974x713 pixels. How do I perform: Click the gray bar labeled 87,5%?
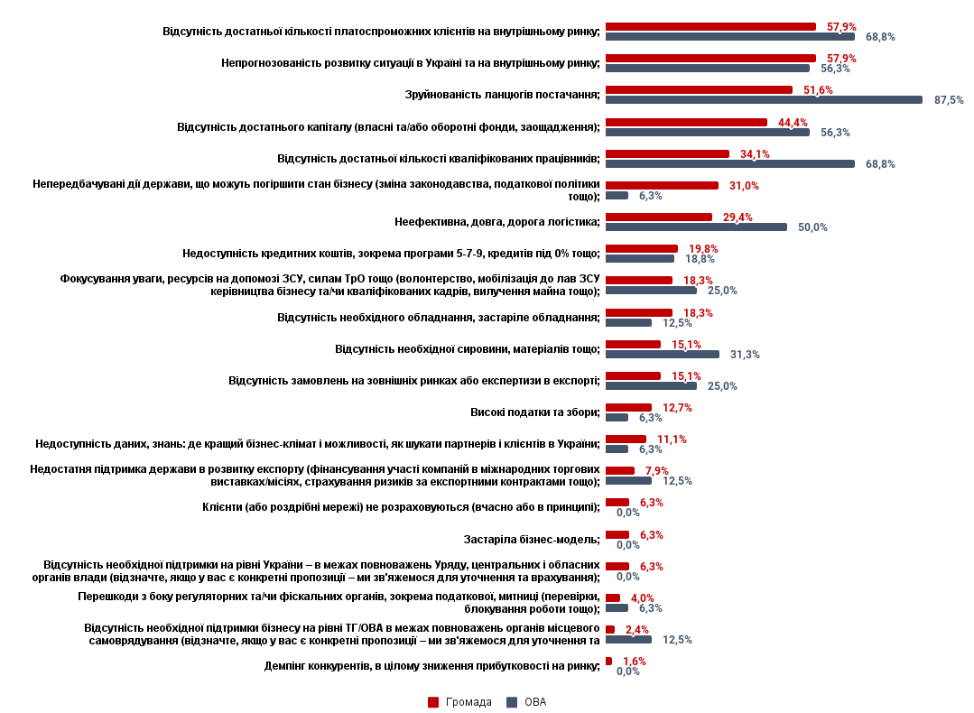point(764,100)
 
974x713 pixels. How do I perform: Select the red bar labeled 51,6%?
point(699,90)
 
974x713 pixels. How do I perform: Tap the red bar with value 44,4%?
point(686,122)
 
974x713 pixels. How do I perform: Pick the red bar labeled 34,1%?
point(667,154)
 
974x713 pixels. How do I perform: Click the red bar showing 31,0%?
point(662,186)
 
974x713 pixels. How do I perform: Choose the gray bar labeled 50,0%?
point(696,227)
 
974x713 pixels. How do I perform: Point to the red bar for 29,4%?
point(659,218)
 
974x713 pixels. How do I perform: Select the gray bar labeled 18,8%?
point(640,259)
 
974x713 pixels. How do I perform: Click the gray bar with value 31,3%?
point(663,355)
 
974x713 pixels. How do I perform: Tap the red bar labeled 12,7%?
point(628,408)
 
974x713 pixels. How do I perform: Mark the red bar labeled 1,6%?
point(608,662)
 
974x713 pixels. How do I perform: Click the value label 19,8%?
point(703,249)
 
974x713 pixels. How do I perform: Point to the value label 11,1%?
point(672,440)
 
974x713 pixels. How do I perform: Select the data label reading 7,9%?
point(656,471)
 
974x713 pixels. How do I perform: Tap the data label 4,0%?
point(643,598)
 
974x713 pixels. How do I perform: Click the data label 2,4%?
point(637,630)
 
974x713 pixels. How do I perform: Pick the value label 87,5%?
point(948,100)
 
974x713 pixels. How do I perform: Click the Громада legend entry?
point(468,702)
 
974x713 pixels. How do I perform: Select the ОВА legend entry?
point(535,702)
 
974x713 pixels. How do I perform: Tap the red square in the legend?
point(433,702)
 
